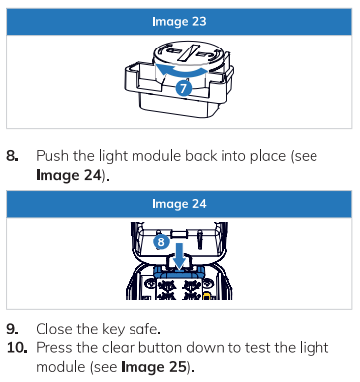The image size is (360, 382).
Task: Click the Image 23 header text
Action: pos(179,22)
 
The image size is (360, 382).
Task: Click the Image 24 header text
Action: pos(179,204)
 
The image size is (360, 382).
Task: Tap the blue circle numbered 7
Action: pos(183,88)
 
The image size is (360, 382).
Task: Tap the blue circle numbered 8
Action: pos(161,242)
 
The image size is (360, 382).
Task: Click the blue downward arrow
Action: pos(180,255)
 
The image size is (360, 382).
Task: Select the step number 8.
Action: pos(12,156)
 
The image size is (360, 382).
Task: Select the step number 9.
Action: pos(13,329)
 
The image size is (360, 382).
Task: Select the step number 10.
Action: pos(17,348)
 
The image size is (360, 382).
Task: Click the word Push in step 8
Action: pos(52,156)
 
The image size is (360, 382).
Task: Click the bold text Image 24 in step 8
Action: pos(68,175)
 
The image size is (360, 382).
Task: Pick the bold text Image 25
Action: pos(153,367)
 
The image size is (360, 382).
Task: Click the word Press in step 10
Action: pos(52,348)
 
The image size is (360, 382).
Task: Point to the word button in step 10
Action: pos(156,348)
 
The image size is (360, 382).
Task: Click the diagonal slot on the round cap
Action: pos(188,52)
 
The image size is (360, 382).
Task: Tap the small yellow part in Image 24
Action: pos(206,295)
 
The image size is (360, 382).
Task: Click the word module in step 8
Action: pos(156,156)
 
